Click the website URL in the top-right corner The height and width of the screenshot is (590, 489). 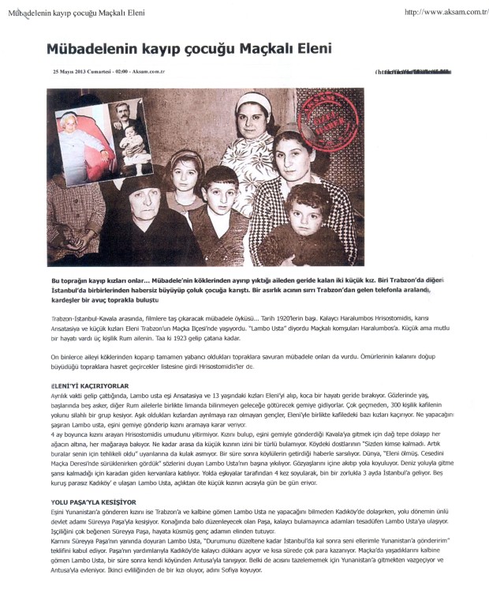[x=444, y=13]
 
